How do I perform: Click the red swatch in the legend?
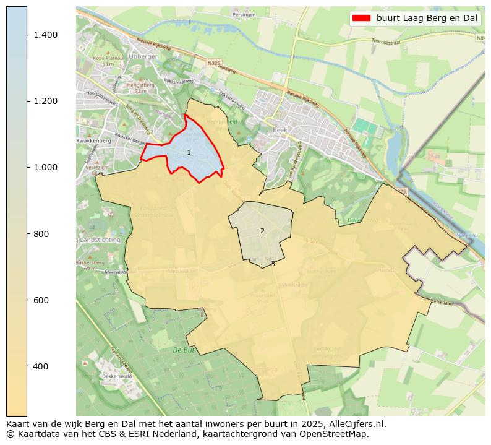pyautogui.click(x=361, y=18)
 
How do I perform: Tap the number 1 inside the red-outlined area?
pyautogui.click(x=189, y=152)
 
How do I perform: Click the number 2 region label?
pyautogui.click(x=262, y=231)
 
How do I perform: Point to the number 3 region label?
pyautogui.click(x=273, y=264)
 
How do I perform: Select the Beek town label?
pyautogui.click(x=280, y=131)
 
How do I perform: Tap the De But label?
pyautogui.click(x=184, y=350)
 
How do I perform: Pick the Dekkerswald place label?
pyautogui.click(x=102, y=376)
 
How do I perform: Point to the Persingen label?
pyautogui.click(x=243, y=14)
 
